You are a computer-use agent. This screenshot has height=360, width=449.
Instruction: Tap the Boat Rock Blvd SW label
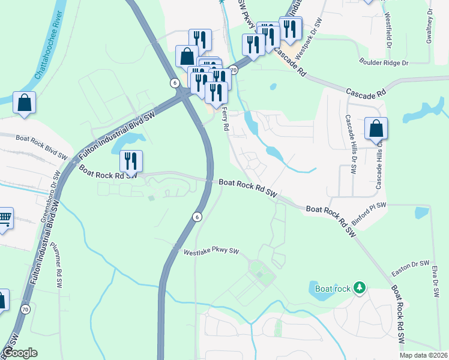pos(41,146)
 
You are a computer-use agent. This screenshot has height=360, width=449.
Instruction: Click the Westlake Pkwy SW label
pos(211,253)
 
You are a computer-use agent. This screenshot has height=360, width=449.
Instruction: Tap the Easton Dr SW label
pos(410,265)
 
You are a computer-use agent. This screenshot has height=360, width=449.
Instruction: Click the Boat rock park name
pos(333,289)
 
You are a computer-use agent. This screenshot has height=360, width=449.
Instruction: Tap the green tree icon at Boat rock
pos(360,288)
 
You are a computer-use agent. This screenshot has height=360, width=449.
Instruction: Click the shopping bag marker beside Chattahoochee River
pos(25,103)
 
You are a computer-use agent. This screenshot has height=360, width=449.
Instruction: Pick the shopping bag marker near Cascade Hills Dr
pos(376,128)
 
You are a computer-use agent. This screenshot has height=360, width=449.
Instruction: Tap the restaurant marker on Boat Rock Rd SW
pos(131,161)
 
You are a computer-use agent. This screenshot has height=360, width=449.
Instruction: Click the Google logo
pos(20,353)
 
